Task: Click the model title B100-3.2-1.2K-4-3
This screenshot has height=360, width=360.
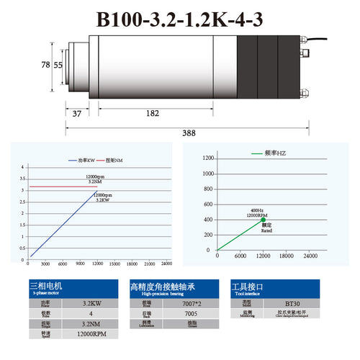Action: pyautogui.click(x=179, y=20)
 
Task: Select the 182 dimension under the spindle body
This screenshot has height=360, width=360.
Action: pyautogui.click(x=152, y=114)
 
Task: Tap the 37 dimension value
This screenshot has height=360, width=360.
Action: pyautogui.click(x=77, y=114)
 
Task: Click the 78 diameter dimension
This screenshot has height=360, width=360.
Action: pyautogui.click(x=45, y=65)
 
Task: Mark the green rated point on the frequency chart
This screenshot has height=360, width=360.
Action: pyautogui.click(x=264, y=220)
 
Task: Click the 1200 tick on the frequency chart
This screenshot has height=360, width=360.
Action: pyautogui.click(x=209, y=158)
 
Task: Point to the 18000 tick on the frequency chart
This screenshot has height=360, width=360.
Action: pyautogui.click(x=287, y=257)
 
